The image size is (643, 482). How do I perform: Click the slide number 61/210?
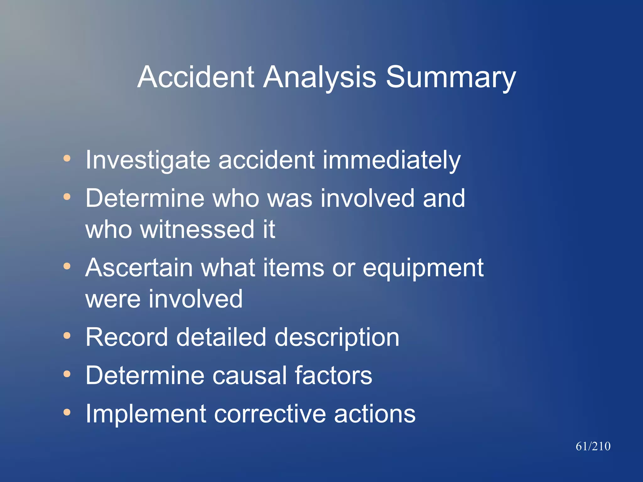[593, 446]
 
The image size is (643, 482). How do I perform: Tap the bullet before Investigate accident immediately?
[67, 158]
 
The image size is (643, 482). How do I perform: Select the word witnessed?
[197, 229]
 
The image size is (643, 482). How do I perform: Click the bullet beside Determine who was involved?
[67, 197]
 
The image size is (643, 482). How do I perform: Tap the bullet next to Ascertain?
[67, 266]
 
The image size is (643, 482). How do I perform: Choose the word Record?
[127, 337]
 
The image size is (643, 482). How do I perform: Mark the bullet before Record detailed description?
[67, 336]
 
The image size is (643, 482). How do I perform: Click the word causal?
[249, 376]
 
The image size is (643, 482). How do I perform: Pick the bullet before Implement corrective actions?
[67, 412]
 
